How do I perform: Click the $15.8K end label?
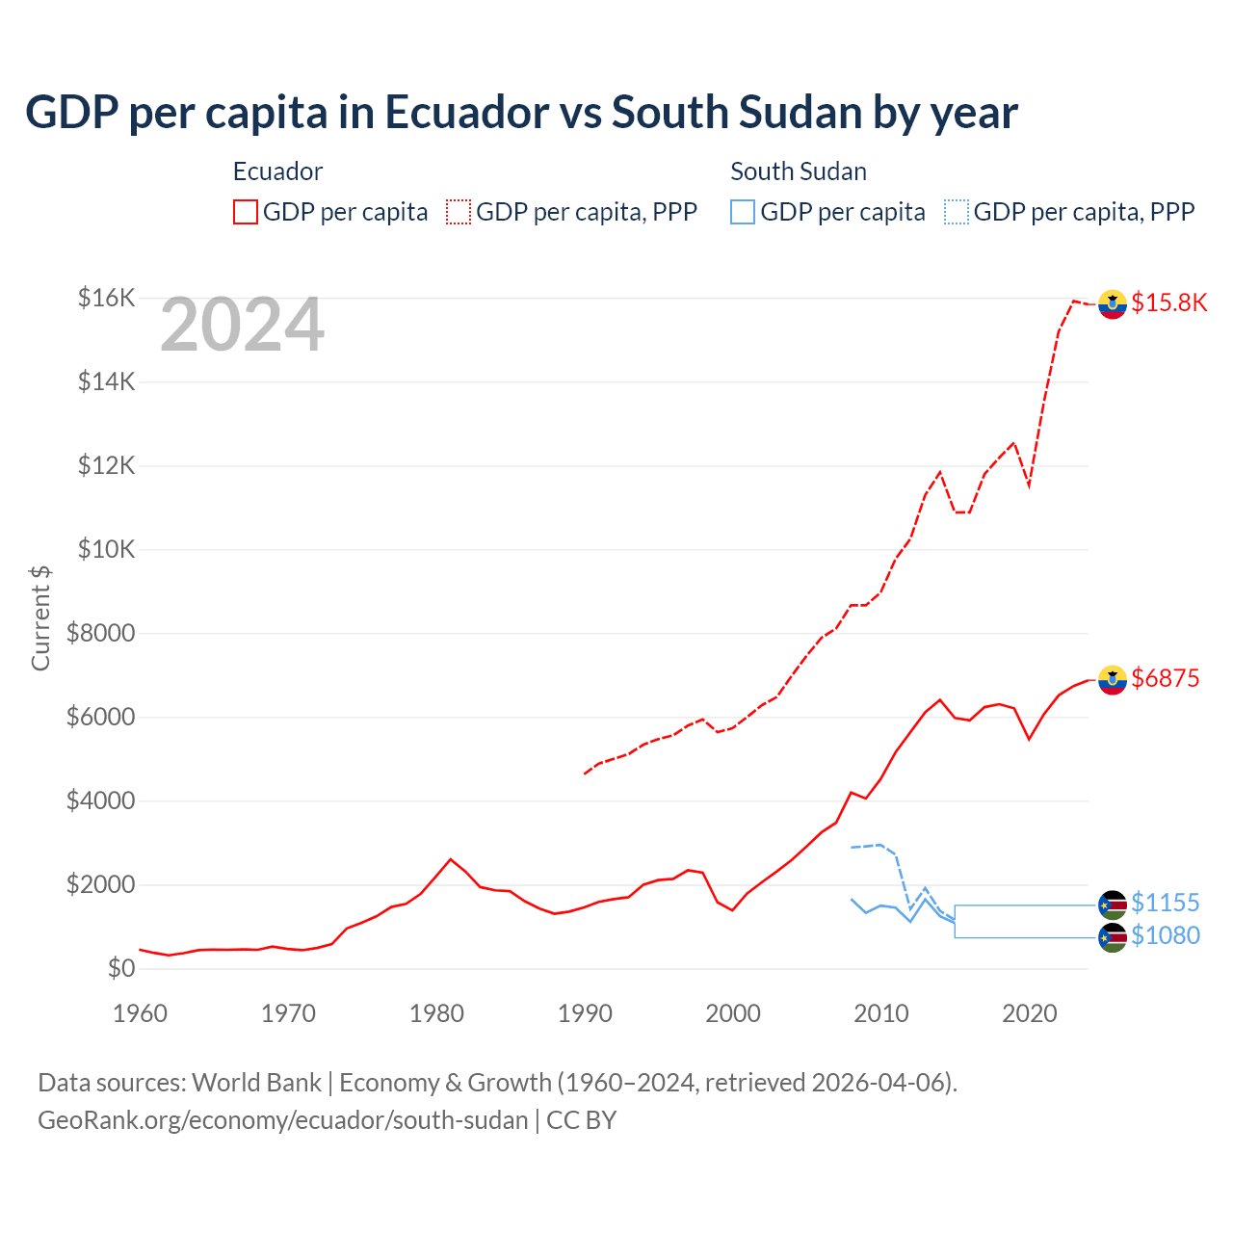1168,302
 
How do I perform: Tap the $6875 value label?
1165,678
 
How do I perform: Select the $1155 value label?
1165,903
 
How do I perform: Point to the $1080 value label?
1165,935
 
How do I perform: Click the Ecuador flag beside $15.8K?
1113,303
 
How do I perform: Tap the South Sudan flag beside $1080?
1113,937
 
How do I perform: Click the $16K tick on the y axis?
106,298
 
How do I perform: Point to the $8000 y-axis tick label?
100,633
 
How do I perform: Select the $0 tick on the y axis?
120,968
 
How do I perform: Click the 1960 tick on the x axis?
141,1013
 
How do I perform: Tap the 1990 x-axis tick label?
585,1013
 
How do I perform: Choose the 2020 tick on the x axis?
1029,1013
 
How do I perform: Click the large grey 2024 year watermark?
242,325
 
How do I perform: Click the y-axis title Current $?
40,618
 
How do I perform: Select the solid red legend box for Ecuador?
246,212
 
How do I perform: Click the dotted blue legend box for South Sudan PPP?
956,212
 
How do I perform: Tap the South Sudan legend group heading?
798,171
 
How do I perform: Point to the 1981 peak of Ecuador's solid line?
451,858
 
